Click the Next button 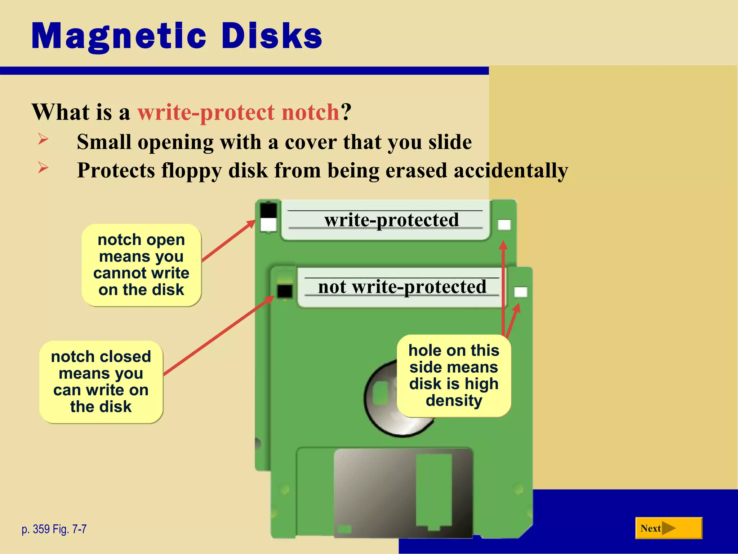click(x=668, y=528)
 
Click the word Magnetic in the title click(x=119, y=36)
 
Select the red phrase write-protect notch click(x=238, y=112)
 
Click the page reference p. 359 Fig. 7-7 click(x=54, y=529)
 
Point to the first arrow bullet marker click(x=43, y=139)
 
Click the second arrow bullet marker click(x=43, y=167)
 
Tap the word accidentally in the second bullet click(x=511, y=170)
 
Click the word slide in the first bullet click(x=450, y=142)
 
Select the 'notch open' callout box click(x=141, y=265)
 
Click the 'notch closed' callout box click(x=101, y=382)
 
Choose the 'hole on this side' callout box click(x=454, y=375)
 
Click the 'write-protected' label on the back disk click(x=392, y=220)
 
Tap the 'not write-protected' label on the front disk click(x=402, y=287)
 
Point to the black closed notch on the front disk click(x=285, y=291)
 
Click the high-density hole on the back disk click(x=504, y=225)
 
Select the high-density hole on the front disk click(x=520, y=292)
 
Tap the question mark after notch click(x=346, y=112)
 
